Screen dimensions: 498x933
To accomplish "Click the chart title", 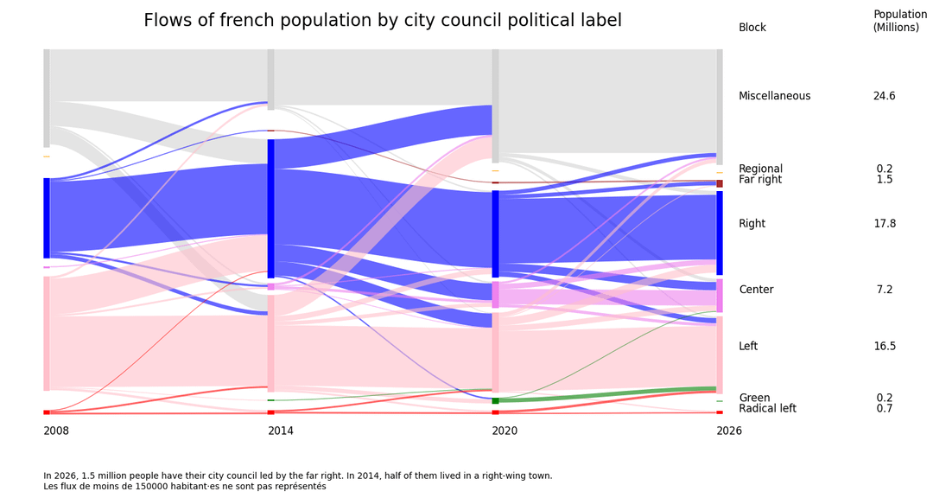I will (x=383, y=21).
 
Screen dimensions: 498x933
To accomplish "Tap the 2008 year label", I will (x=56, y=431).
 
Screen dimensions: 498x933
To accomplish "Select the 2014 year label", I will (x=281, y=431).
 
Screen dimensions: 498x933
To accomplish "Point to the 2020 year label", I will (x=505, y=431).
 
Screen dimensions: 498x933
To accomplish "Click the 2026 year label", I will (x=729, y=431).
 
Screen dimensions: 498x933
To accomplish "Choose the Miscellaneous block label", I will (x=774, y=96).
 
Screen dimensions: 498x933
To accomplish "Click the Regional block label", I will (x=760, y=169).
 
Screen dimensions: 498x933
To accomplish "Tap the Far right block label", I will (x=760, y=180).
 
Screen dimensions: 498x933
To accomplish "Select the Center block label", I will (x=756, y=290).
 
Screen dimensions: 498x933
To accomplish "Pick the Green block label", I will (x=754, y=399).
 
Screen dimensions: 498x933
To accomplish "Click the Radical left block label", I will (x=767, y=409).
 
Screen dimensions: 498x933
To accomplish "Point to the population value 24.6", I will (x=884, y=96).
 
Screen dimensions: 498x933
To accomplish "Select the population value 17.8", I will (x=884, y=224).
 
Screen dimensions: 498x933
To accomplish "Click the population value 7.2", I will (x=884, y=290).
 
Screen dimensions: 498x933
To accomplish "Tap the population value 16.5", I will (x=884, y=347).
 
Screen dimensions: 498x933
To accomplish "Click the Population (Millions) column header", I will (x=900, y=21).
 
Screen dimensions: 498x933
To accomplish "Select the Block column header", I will (x=752, y=28).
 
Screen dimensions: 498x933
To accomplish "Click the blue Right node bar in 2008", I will (x=47, y=218).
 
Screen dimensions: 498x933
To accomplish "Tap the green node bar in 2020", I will (x=496, y=400).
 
